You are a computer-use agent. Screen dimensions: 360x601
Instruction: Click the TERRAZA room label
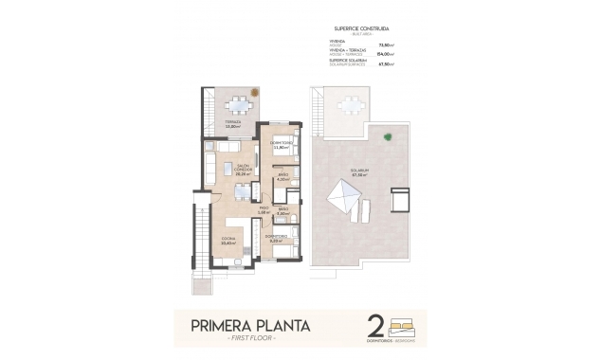click(x=232, y=123)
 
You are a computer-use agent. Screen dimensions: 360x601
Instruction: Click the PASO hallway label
click(x=264, y=210)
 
